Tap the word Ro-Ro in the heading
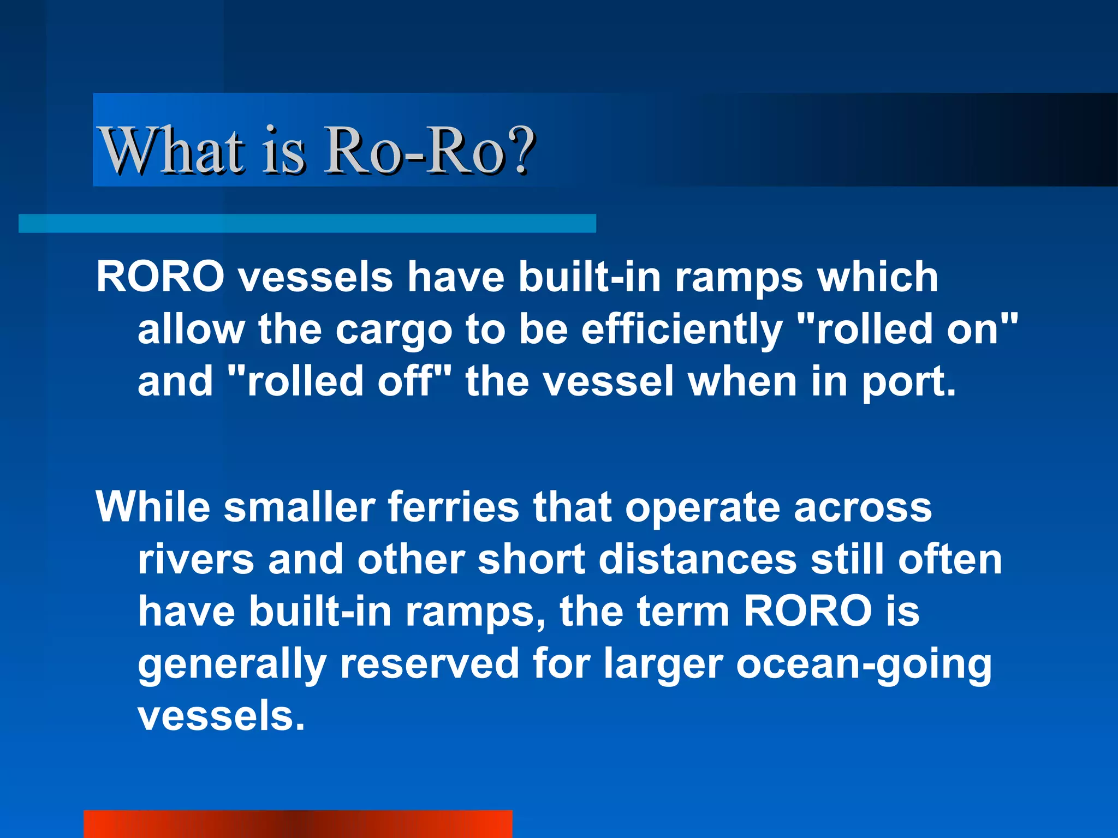pos(415,150)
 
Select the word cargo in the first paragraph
pos(394,330)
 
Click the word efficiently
pos(682,330)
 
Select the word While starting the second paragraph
pos(153,507)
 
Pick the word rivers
pos(196,559)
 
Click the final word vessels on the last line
pos(221,716)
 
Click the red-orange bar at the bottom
pos(298,824)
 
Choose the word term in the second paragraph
pos(683,612)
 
